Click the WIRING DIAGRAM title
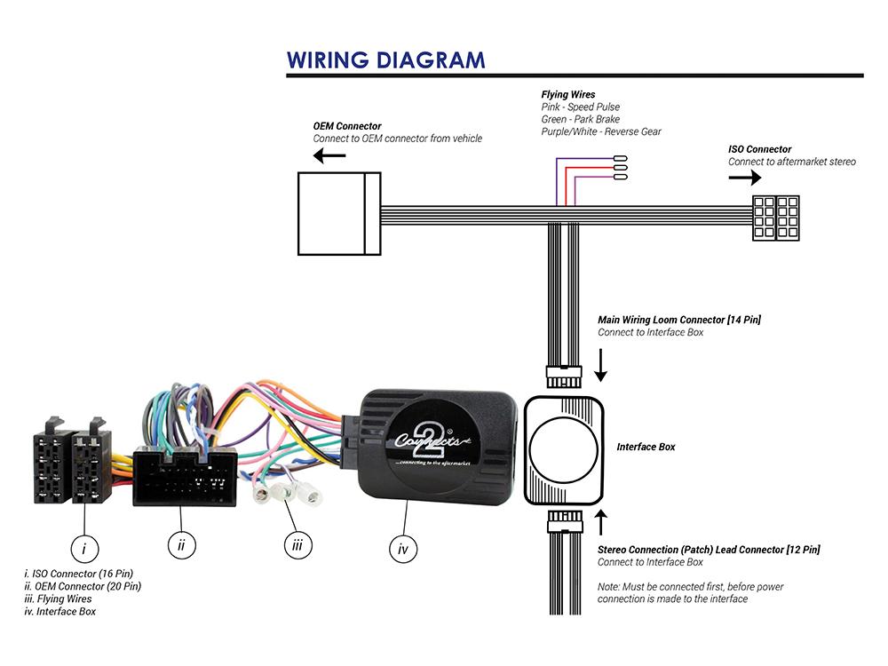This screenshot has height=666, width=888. pyautogui.click(x=385, y=59)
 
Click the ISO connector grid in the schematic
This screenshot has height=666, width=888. pyautogui.click(x=775, y=217)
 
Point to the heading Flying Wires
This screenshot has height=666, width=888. pyautogui.click(x=568, y=94)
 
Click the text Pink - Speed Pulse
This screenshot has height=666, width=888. pyautogui.click(x=581, y=107)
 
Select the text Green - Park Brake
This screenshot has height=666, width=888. pyautogui.click(x=580, y=119)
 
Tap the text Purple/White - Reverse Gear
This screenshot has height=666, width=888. pyautogui.click(x=601, y=131)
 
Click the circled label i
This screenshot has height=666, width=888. pyautogui.click(x=84, y=549)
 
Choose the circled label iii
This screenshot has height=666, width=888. pyautogui.click(x=297, y=545)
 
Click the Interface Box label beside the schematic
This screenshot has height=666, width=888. pyautogui.click(x=646, y=447)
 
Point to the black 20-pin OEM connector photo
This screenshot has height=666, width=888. pyautogui.click(x=185, y=476)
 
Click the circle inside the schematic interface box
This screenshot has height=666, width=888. pyautogui.click(x=565, y=448)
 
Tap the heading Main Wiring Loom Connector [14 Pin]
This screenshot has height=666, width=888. pyautogui.click(x=679, y=320)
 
